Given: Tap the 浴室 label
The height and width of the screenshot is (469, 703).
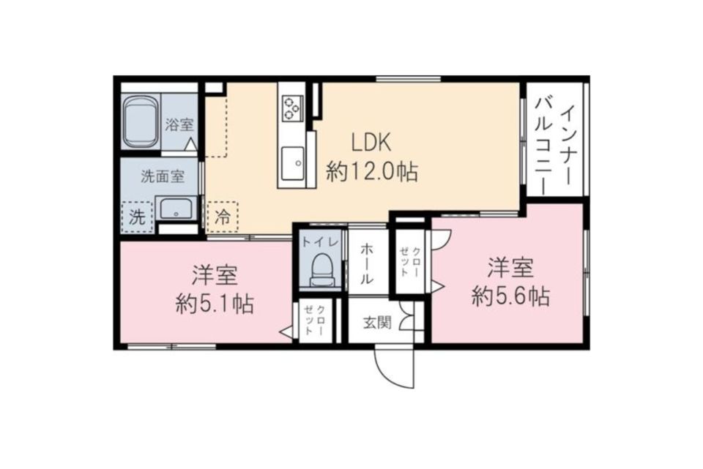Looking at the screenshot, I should (x=180, y=124).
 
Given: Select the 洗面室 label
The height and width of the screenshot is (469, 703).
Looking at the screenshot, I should (x=162, y=176).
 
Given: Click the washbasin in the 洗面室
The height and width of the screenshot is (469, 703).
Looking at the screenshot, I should (x=176, y=211).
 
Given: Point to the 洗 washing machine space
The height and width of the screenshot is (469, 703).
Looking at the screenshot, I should (x=137, y=217).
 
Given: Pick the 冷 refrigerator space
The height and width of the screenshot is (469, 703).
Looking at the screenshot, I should (x=223, y=217).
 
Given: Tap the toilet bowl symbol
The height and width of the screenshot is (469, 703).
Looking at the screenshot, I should (x=321, y=269).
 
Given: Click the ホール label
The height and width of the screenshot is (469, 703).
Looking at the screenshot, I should (x=366, y=264).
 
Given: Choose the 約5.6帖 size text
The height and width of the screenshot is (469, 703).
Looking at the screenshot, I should (x=511, y=296).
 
